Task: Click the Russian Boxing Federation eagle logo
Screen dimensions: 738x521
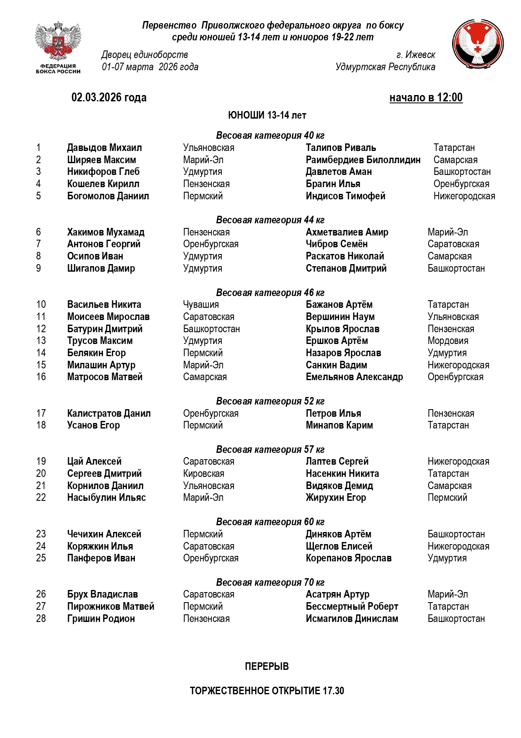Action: [x=58, y=42]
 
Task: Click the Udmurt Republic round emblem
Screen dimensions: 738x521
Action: [x=478, y=44]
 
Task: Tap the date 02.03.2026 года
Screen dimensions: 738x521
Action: [x=109, y=98]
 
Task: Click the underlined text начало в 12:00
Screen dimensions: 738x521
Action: [x=426, y=98]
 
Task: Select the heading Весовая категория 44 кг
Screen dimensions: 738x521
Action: [x=270, y=220]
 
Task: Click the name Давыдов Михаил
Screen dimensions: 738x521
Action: [x=104, y=148]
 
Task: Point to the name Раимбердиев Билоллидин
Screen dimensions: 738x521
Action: [x=363, y=160]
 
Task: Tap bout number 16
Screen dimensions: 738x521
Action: [x=41, y=377]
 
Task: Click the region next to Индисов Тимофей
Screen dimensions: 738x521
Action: [x=464, y=196]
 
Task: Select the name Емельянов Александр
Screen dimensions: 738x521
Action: [x=354, y=377]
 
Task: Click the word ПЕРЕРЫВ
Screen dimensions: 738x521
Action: [x=267, y=667]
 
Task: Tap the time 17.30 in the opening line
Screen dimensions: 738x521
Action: [x=333, y=691]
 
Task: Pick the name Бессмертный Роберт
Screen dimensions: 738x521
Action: [x=352, y=606]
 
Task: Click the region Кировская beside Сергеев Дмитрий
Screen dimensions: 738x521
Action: [x=203, y=473]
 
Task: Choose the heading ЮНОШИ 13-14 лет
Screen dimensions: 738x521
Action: [x=267, y=115]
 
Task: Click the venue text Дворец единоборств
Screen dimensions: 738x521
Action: [x=145, y=55]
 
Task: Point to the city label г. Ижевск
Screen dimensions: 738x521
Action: [x=416, y=55]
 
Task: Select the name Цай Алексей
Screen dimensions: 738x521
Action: [x=94, y=461]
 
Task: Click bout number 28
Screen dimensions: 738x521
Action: [x=41, y=619]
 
